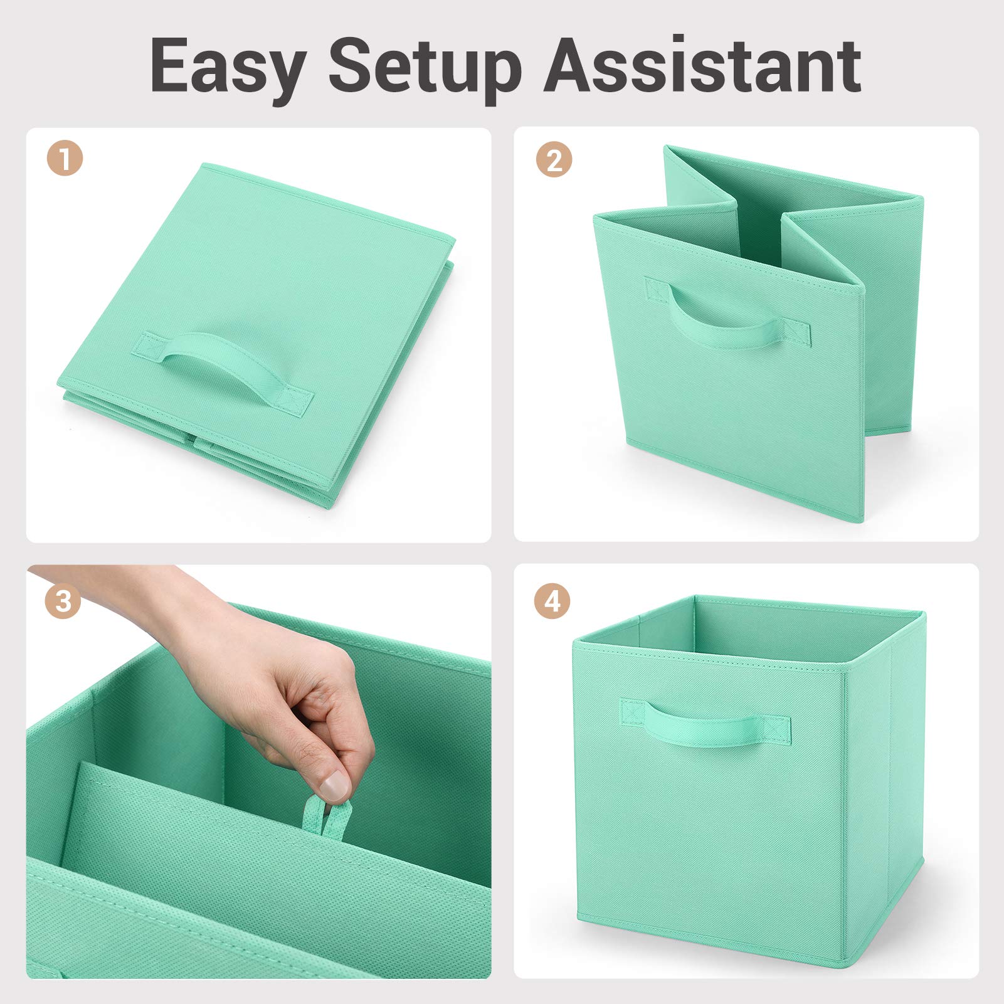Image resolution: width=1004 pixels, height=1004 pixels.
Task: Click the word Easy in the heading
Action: pyautogui.click(x=228, y=66)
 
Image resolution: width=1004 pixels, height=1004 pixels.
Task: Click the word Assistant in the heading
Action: pyautogui.click(x=702, y=65)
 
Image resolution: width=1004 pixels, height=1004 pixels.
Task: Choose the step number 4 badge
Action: pyautogui.click(x=552, y=601)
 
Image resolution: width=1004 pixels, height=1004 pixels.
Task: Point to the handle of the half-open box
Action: pyautogui.click(x=727, y=314)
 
